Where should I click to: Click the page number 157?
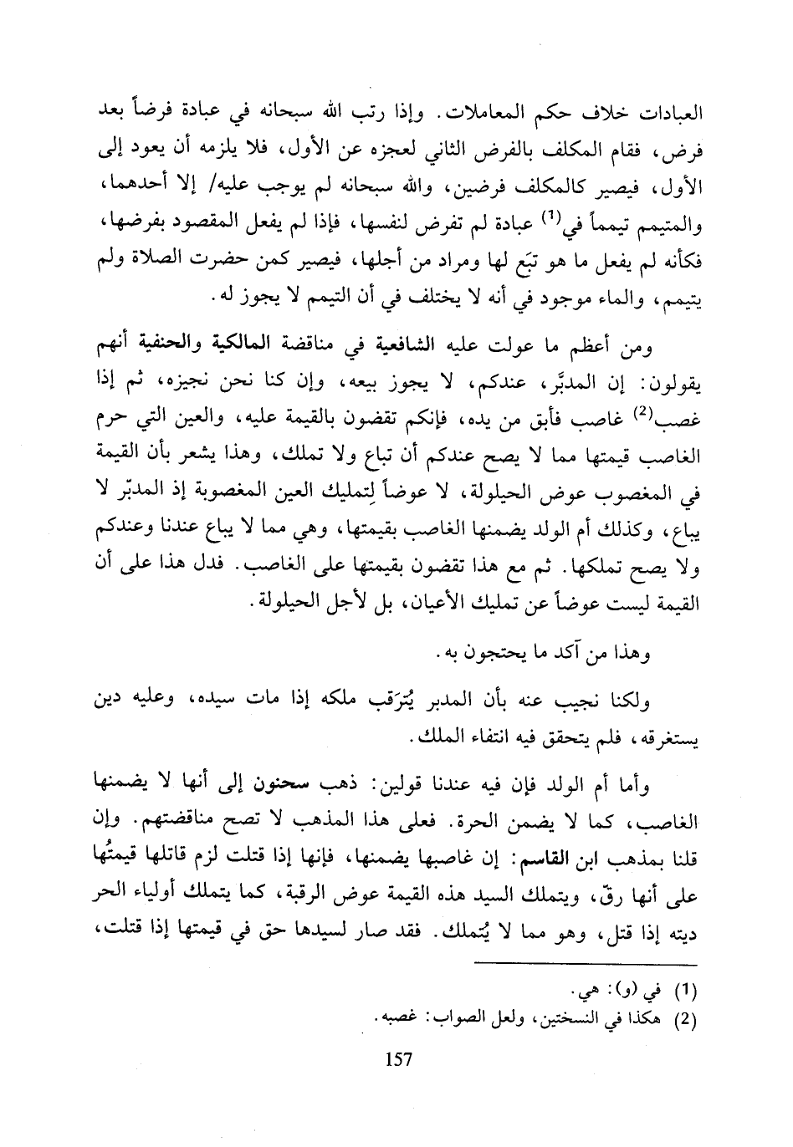(x=398, y=1060)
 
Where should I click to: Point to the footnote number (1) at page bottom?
(x=685, y=992)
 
